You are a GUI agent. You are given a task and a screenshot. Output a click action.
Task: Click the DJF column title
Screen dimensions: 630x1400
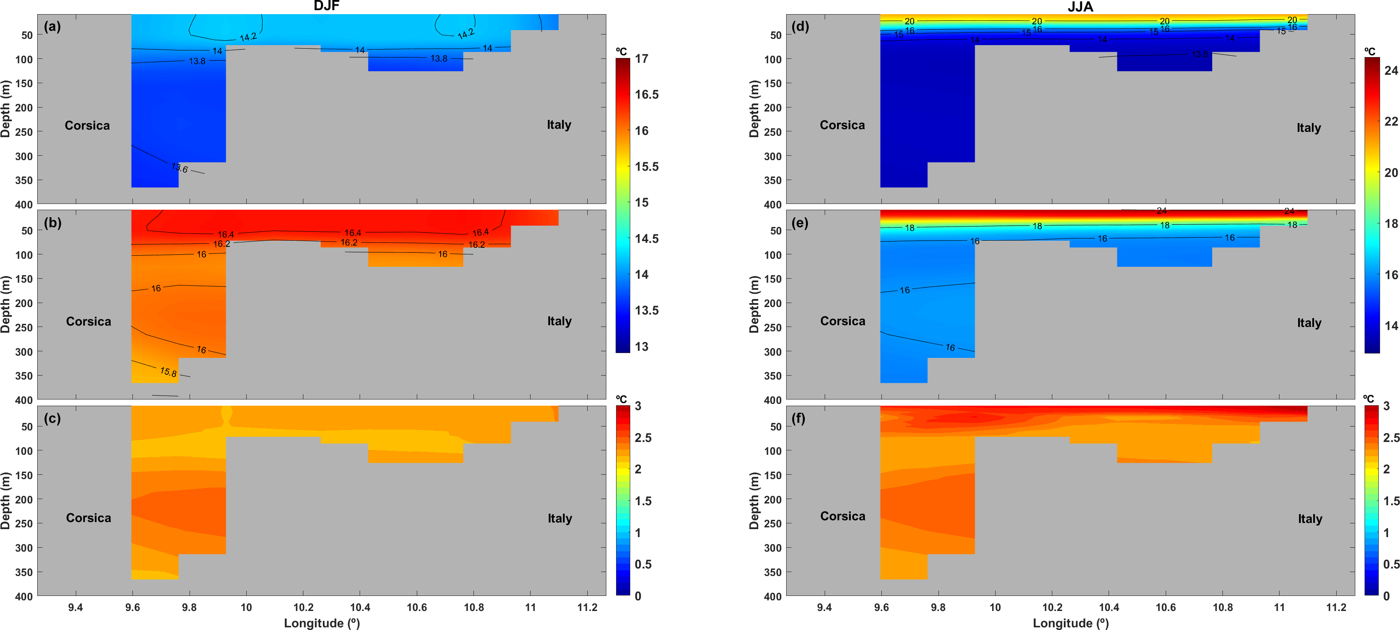pos(326,6)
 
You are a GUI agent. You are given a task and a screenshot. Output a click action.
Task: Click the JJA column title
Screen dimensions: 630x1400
pos(1080,7)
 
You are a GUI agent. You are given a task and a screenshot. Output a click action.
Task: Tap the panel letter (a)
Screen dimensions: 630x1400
pos(52,26)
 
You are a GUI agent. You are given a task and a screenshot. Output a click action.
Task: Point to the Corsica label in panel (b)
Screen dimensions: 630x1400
pos(88,322)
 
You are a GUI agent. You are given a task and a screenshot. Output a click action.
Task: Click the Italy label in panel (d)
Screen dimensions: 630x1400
pos(1308,127)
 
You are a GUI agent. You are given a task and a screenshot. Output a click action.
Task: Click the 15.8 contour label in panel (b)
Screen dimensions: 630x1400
pos(168,372)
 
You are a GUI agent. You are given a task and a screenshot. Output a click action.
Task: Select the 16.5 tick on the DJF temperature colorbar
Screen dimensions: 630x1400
pos(646,95)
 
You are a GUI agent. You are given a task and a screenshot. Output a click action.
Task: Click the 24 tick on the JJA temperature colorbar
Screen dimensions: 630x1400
pos(1391,71)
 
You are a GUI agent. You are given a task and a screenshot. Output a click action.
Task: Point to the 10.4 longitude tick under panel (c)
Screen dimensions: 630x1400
pos(360,607)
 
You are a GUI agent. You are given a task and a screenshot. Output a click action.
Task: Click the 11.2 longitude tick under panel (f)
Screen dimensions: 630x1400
pos(1336,607)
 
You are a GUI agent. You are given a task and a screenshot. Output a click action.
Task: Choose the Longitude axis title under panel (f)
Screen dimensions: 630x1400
pos(1070,623)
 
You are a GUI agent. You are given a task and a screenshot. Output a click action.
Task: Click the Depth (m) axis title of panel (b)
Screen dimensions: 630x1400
pos(6,305)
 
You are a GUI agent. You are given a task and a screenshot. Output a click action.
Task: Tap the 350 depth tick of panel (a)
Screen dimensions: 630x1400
pos(24,181)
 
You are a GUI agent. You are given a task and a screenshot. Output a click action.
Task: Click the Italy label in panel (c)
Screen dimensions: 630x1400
pos(559,518)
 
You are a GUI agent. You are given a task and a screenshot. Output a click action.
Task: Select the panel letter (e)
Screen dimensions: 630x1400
pos(799,223)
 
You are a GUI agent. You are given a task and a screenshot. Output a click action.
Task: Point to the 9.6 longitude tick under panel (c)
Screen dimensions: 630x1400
pos(132,607)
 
